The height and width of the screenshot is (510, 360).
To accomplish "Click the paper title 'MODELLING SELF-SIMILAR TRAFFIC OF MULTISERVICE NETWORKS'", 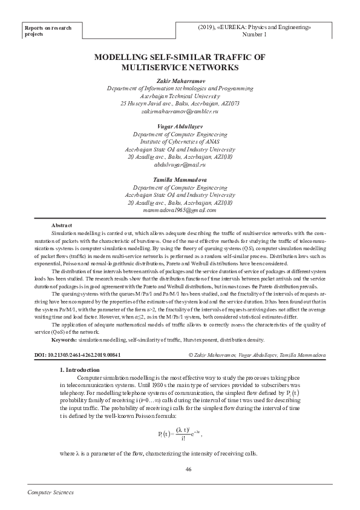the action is point(180,63).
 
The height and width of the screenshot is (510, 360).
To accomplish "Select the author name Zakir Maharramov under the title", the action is point(180,80).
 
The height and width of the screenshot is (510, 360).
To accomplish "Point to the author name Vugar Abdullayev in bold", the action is point(180,124).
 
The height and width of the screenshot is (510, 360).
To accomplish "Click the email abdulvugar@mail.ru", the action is point(180,164).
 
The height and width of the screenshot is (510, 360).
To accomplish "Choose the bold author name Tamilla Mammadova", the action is point(180,180).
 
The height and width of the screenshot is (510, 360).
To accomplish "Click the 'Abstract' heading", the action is point(62,225).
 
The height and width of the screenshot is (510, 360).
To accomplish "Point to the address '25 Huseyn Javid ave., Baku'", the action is point(180,104).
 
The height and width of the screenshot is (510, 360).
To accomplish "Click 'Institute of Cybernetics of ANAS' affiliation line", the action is point(180,141).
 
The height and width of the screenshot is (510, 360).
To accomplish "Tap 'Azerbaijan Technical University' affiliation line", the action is point(180,96).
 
